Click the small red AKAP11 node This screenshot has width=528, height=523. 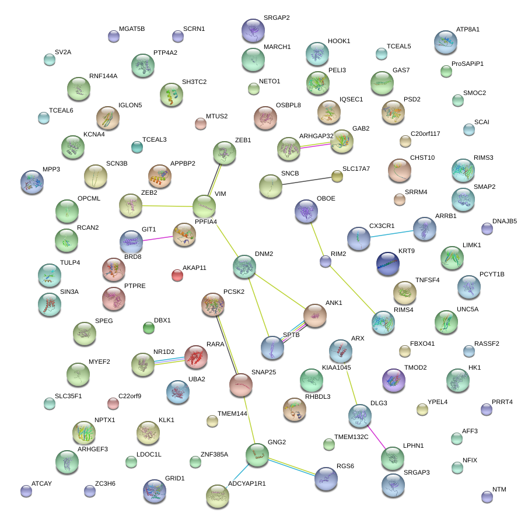click(x=177, y=275)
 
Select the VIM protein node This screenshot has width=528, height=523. click(x=204, y=206)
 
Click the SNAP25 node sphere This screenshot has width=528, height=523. click(x=240, y=384)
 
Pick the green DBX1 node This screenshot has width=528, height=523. click(x=149, y=328)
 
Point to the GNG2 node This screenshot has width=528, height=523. click(x=257, y=455)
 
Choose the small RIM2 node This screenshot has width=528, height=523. click(x=326, y=261)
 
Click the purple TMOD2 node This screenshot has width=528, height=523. click(x=393, y=380)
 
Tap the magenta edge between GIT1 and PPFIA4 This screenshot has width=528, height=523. click(x=158, y=237)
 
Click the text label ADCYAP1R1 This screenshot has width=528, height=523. click(x=247, y=483)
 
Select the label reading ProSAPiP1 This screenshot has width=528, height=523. click(x=467, y=64)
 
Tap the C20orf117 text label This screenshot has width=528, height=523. click(x=425, y=134)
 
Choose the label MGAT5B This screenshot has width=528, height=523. click(x=132, y=29)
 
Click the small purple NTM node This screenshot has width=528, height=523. click(x=487, y=497)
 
